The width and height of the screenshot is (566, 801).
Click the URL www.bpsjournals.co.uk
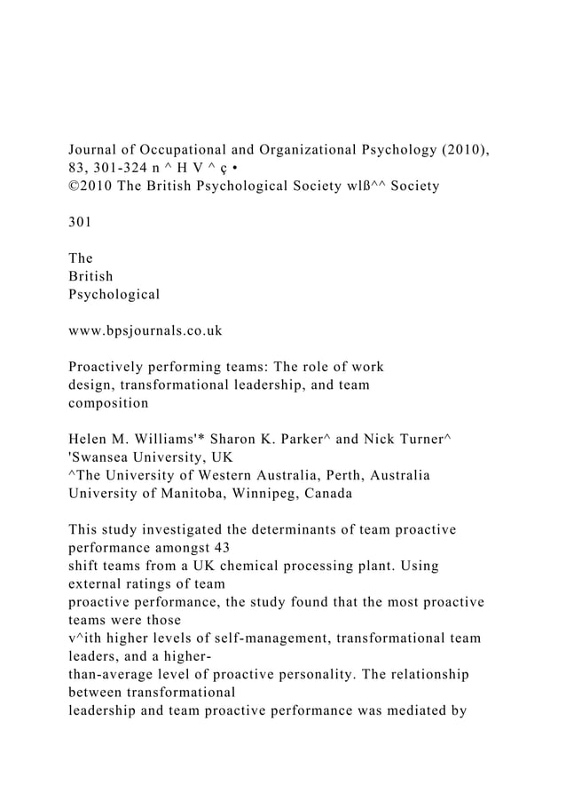tap(145, 331)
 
